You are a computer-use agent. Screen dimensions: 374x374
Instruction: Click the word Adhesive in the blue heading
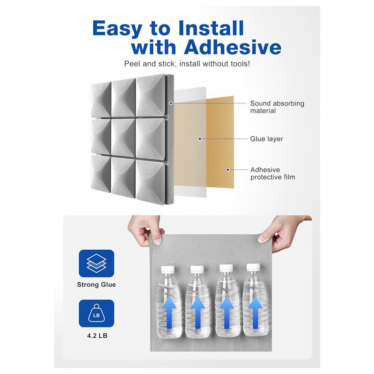point(233,48)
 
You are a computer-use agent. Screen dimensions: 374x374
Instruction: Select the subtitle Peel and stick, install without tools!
point(187,64)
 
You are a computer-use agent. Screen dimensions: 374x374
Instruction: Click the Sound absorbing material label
point(277,107)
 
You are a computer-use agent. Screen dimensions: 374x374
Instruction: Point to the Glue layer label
point(266,139)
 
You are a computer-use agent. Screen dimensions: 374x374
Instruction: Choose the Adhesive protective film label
point(273,173)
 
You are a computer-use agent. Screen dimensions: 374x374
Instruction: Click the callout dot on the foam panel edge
point(171,103)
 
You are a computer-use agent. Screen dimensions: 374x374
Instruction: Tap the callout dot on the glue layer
point(200,139)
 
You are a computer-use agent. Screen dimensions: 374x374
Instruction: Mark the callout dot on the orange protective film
point(227,170)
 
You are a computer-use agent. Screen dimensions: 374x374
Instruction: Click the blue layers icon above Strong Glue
point(96,263)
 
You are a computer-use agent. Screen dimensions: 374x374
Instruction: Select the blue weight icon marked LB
point(96,314)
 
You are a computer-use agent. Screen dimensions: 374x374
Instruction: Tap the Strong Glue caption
point(96,284)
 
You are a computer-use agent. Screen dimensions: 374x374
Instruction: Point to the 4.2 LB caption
point(97,336)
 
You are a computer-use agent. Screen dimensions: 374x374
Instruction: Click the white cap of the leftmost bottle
point(168,269)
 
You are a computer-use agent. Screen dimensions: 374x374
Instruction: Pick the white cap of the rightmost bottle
point(253,267)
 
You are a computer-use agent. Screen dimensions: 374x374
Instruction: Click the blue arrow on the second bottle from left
point(197,312)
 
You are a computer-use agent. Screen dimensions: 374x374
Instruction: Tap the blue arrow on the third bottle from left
point(227,312)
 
